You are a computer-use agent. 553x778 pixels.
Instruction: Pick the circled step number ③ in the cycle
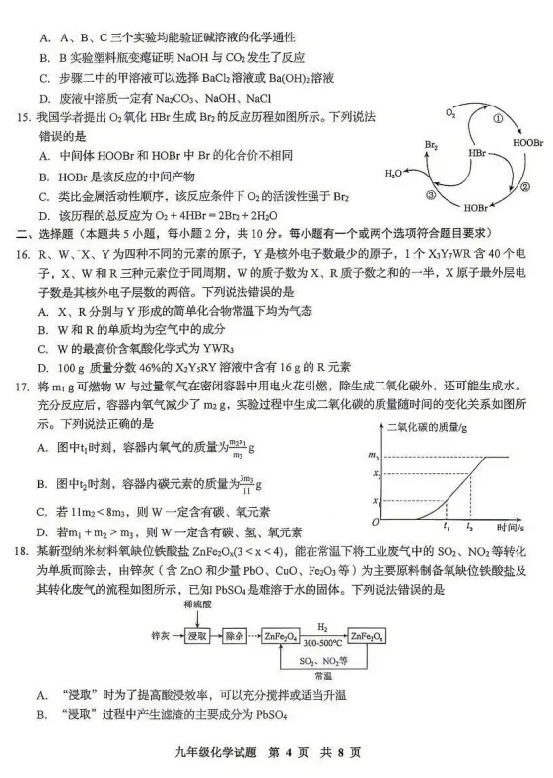431,195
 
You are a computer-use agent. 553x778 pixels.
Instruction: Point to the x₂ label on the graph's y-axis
375,474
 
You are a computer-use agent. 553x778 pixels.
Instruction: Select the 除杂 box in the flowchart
237,636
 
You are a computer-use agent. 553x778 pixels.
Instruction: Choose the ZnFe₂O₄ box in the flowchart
282,636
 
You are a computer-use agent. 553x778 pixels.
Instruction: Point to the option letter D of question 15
45,215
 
